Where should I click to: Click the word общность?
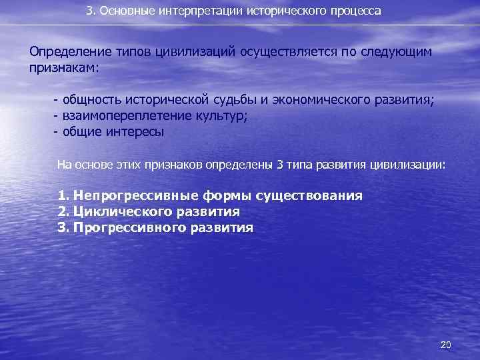[x=91, y=101]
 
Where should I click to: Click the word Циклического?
[x=123, y=212]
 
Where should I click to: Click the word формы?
[x=223, y=196]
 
